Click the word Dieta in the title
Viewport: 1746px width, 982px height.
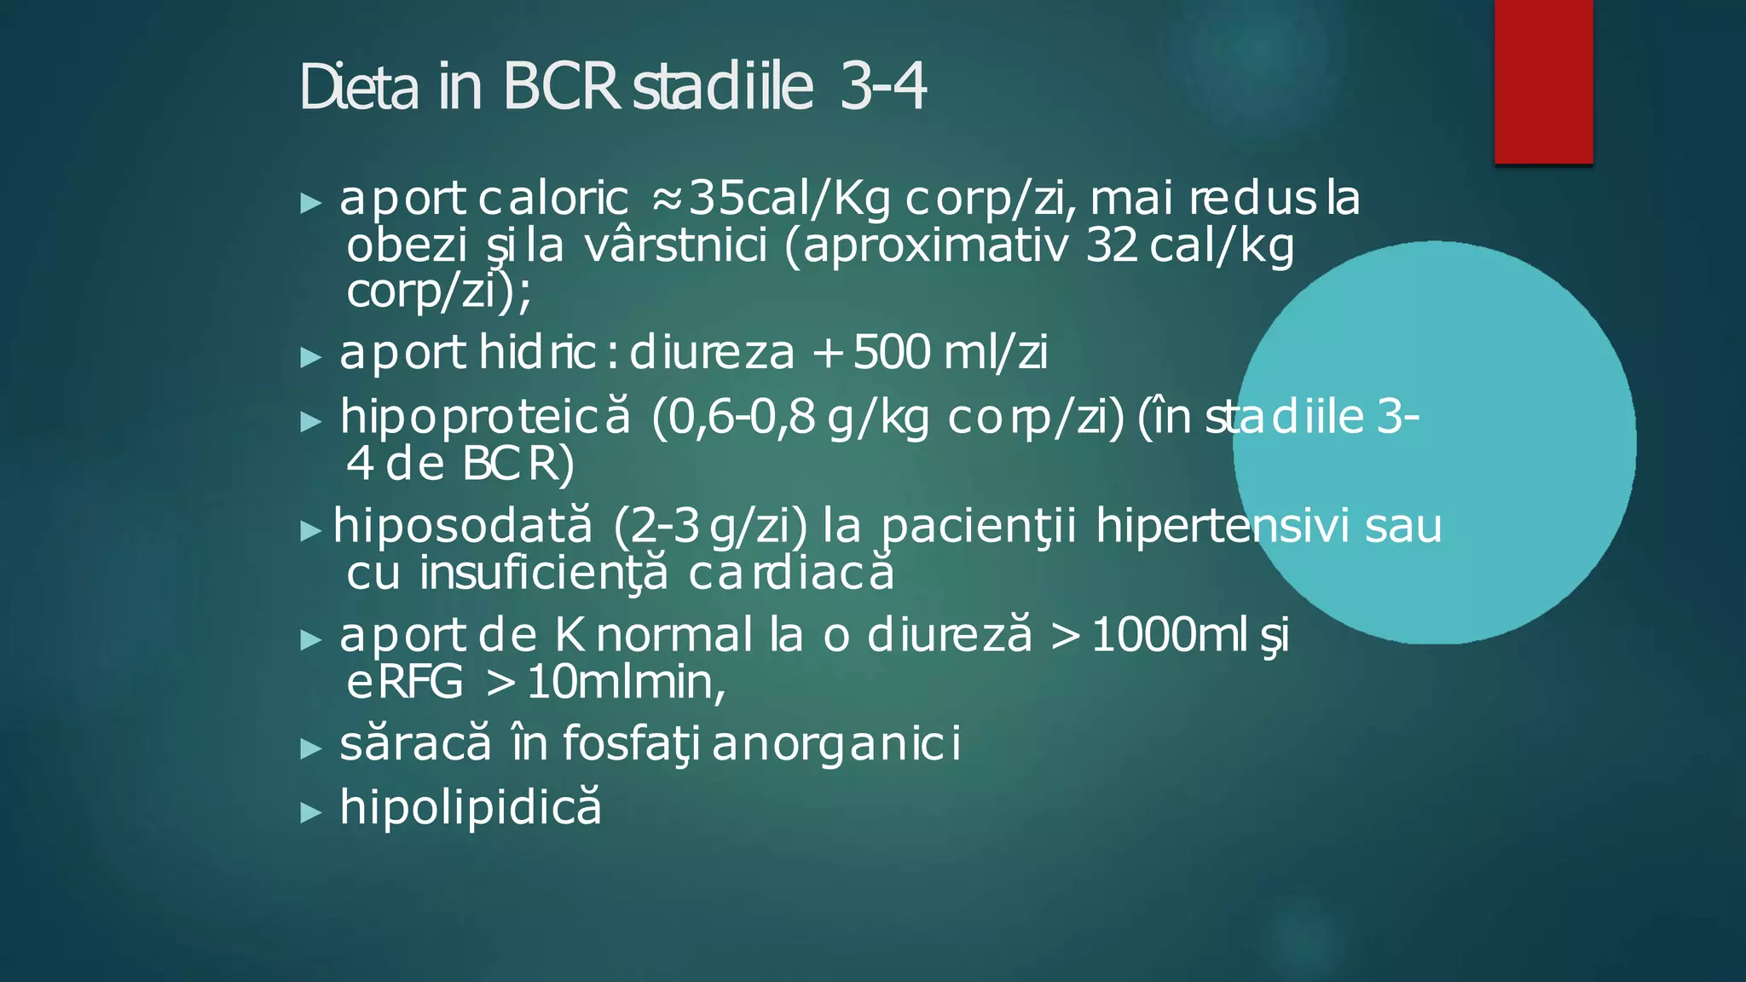pos(359,88)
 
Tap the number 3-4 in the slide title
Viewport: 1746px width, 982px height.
pos(882,88)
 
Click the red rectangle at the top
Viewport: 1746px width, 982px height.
pos(1543,81)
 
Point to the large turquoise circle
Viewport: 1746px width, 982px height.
pos(1435,442)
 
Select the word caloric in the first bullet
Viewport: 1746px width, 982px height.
pos(553,199)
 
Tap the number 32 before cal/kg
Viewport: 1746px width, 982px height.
pos(1112,246)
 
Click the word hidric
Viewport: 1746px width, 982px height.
pos(537,352)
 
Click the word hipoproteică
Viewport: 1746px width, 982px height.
pos(486,418)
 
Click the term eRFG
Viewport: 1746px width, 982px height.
pos(404,682)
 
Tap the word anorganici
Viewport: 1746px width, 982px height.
pos(835,743)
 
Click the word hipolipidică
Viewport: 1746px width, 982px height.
pos(471,806)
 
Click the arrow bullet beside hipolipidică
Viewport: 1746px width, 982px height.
pos(311,812)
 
